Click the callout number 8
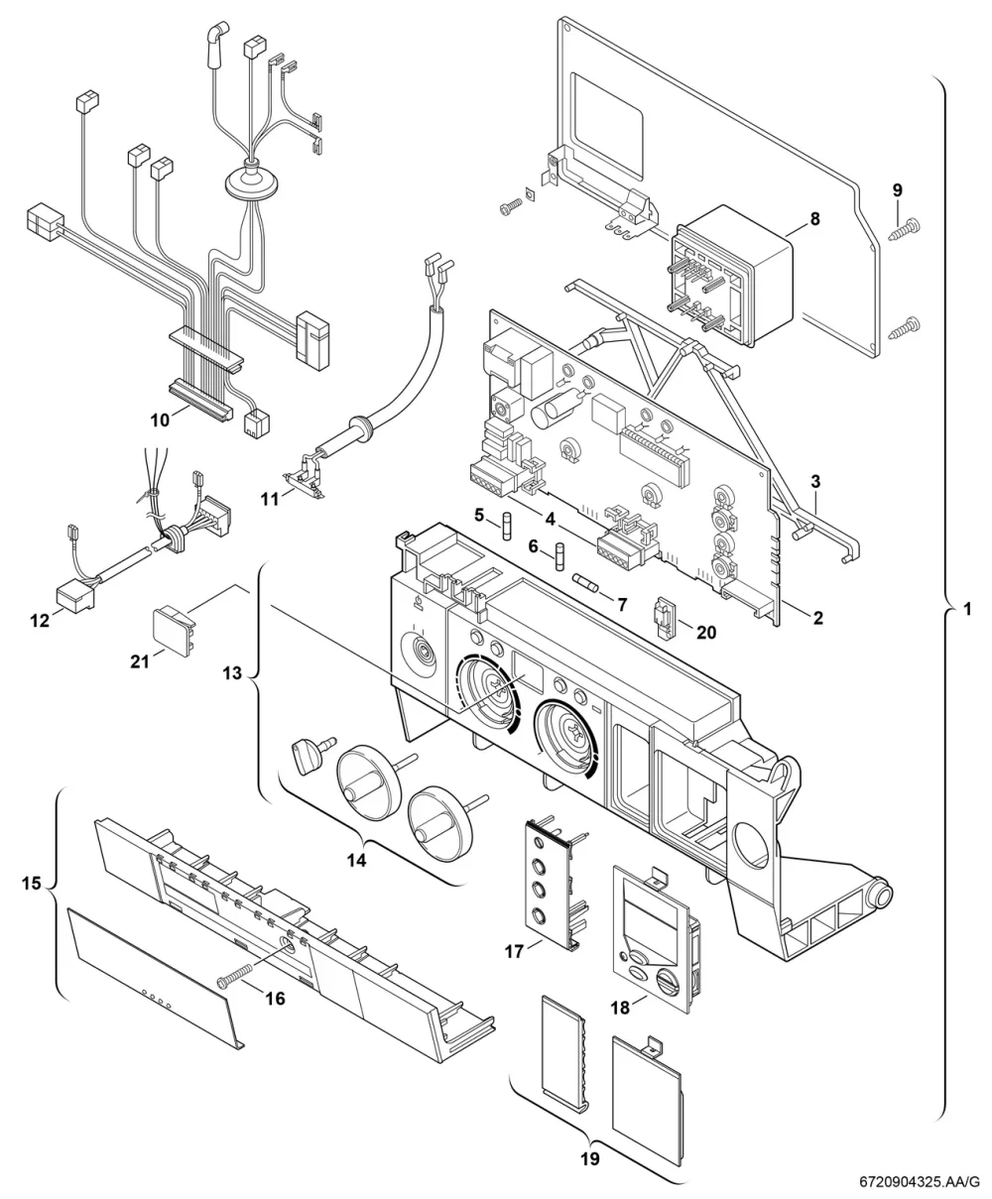click(814, 219)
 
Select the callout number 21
click(140, 661)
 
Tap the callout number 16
click(275, 999)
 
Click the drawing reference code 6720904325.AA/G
click(919, 1182)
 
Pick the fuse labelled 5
click(506, 528)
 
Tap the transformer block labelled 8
click(732, 277)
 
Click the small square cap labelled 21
click(171, 633)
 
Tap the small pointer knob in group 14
click(310, 754)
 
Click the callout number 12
click(41, 621)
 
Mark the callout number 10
click(161, 420)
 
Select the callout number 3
click(815, 481)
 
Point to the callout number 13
click(232, 673)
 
